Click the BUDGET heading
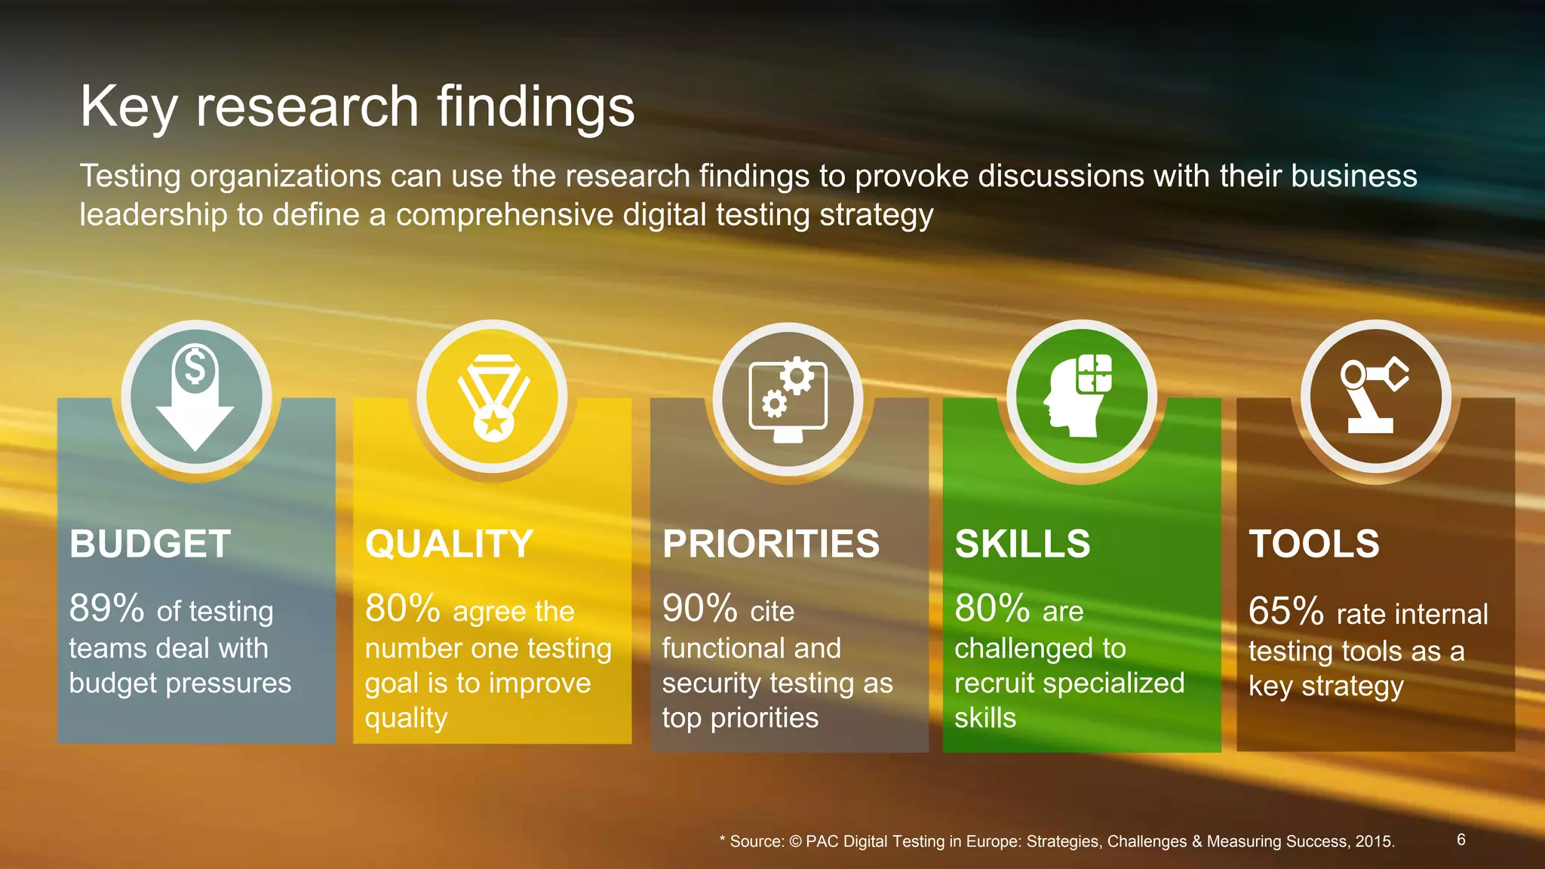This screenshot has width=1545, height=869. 150,544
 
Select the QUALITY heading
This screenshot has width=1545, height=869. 449,544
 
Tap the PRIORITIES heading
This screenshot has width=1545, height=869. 770,544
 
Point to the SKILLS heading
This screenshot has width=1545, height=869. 1022,544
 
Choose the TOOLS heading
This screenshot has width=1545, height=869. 1313,544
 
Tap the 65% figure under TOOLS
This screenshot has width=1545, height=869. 1285,611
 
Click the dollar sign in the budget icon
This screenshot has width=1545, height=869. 195,368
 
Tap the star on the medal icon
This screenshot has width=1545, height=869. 494,423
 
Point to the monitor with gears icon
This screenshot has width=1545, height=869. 788,399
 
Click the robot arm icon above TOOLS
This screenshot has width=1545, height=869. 1374,395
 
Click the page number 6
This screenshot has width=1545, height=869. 1461,840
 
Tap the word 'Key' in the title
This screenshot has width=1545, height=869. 128,107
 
